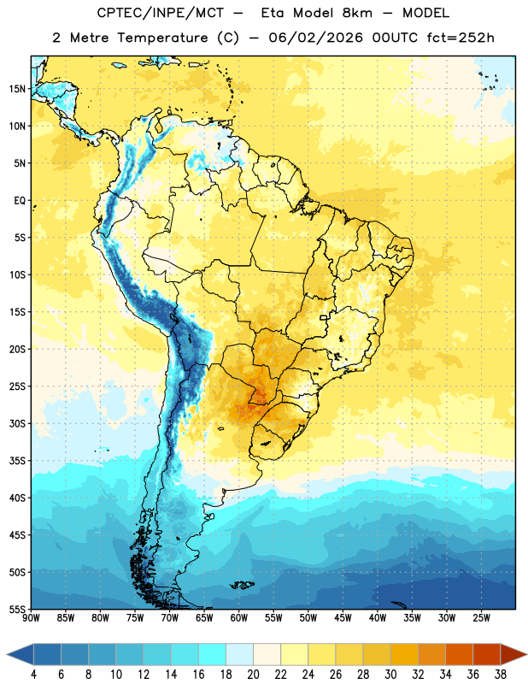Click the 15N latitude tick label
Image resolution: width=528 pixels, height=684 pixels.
17,89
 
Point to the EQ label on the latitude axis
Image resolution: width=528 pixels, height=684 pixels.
20,201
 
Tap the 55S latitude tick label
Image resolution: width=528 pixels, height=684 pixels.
17,609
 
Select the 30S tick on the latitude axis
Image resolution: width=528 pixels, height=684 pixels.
17,423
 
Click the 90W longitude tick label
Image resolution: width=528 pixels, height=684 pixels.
31,617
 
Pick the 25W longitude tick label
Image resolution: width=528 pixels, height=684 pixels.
481,617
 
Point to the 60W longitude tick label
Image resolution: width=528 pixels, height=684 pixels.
239,617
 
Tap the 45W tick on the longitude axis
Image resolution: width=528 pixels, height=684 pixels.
343,617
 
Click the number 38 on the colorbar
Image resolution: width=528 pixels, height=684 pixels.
501,675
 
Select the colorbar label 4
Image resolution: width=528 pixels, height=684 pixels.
33,675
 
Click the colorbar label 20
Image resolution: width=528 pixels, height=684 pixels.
253,675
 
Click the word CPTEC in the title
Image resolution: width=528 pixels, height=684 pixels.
115,13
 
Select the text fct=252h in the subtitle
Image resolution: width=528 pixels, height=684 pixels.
461,38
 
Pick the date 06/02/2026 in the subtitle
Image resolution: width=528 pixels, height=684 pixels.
315,38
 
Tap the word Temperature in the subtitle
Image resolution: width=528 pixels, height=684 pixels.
162,38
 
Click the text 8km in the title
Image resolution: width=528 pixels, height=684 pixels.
357,13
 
